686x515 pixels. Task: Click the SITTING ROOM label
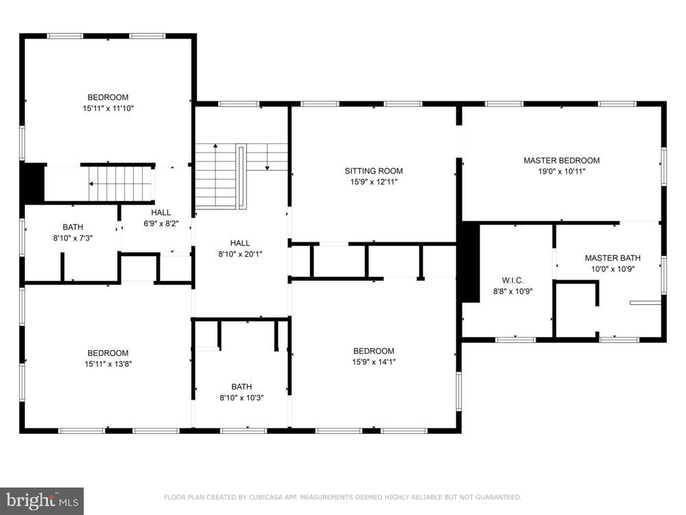point(374,171)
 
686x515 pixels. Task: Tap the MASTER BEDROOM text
point(561,161)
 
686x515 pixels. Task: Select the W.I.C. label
point(512,280)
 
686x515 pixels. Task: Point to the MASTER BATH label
point(613,258)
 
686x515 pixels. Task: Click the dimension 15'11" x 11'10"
point(108,108)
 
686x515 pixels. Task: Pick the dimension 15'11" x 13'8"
point(108,364)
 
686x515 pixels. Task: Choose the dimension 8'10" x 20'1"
point(240,254)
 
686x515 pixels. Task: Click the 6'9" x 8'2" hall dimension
point(161,224)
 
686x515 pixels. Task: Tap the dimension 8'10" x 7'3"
point(73,238)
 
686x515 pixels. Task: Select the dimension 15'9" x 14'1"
point(374,362)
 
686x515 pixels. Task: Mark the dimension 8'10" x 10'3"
point(241,398)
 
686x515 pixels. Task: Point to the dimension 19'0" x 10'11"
point(561,172)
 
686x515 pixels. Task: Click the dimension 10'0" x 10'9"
point(613,269)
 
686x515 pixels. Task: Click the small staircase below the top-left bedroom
point(121,184)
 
